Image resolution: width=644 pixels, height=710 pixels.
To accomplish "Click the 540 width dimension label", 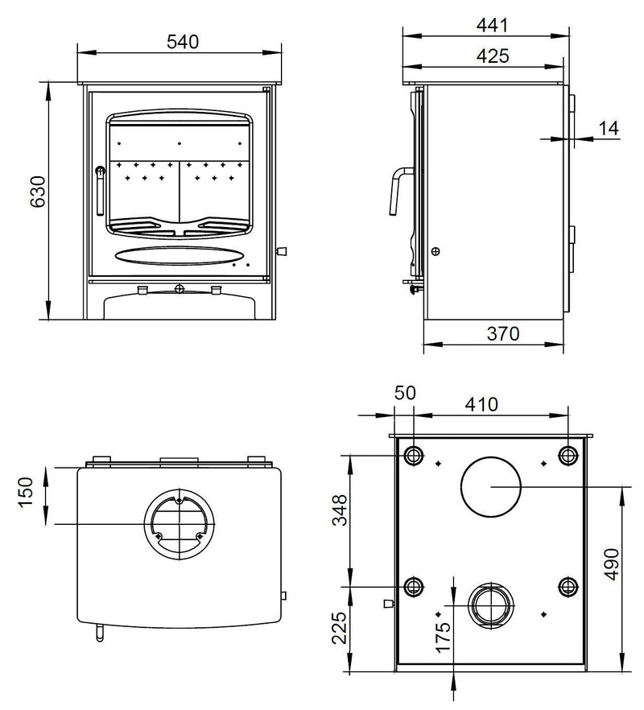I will pyautogui.click(x=182, y=41).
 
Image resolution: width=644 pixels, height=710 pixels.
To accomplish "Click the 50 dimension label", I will pyautogui.click(x=405, y=394).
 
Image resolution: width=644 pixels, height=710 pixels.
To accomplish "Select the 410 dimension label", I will pyautogui.click(x=481, y=404).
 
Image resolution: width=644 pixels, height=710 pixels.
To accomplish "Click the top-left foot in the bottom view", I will pyautogui.click(x=414, y=456).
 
